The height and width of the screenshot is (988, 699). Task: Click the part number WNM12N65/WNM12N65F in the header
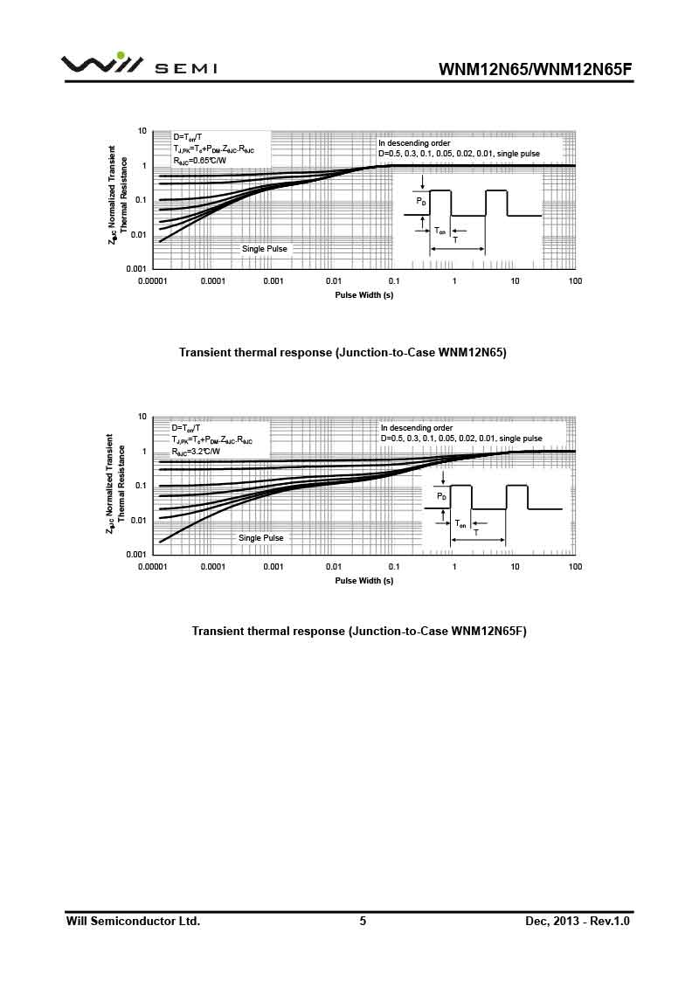click(x=534, y=69)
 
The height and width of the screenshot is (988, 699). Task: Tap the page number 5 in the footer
click(x=363, y=921)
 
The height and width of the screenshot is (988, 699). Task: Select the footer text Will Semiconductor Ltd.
click(x=134, y=921)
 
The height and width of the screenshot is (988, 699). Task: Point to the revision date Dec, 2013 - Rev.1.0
click(x=578, y=921)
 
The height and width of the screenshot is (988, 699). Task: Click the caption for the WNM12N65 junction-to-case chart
click(x=343, y=353)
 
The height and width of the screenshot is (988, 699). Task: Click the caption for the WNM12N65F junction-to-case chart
click(x=359, y=631)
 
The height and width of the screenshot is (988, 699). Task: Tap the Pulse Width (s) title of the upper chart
click(x=364, y=295)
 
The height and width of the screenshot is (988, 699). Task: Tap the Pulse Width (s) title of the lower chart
click(x=364, y=580)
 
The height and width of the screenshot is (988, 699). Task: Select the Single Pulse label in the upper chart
click(x=264, y=249)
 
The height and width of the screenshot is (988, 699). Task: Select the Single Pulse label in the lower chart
click(x=261, y=538)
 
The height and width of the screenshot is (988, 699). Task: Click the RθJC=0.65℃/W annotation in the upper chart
click(x=199, y=161)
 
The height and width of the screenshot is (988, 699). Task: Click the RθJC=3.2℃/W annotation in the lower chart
click(x=197, y=453)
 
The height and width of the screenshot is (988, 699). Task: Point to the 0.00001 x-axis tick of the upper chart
click(x=153, y=281)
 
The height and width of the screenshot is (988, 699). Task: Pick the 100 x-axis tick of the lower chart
click(x=575, y=567)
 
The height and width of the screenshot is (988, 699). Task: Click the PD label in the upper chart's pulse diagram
click(x=421, y=202)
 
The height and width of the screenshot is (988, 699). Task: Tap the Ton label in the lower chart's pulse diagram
click(x=460, y=523)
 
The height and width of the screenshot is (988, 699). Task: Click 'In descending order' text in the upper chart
click(x=414, y=142)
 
